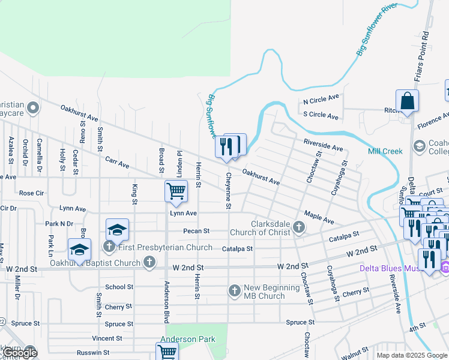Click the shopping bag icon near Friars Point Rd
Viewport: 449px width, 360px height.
(x=408, y=101)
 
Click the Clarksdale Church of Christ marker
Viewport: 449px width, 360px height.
(x=299, y=227)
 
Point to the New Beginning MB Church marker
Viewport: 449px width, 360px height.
(x=235, y=291)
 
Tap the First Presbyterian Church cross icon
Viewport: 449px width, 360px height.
(x=109, y=247)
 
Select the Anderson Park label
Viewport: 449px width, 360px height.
(x=187, y=339)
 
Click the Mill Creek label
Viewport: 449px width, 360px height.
(x=385, y=151)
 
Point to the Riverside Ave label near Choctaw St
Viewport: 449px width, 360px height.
(x=323, y=146)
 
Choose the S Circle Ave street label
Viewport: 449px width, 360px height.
(x=321, y=115)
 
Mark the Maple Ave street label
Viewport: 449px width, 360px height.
(x=319, y=217)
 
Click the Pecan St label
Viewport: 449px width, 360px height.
(x=197, y=230)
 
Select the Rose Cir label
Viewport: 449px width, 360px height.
(x=31, y=193)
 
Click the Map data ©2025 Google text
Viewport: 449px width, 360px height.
(x=411, y=355)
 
